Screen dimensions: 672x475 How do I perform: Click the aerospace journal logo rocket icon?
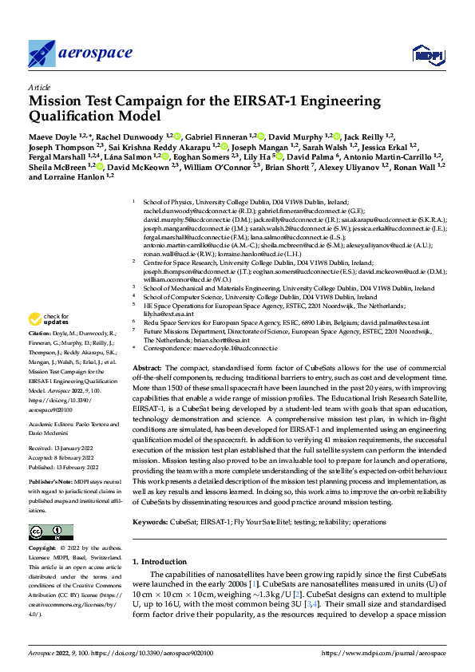click(42, 54)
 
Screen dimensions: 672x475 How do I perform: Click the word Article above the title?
click(38, 87)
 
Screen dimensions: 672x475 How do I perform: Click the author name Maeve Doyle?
click(49, 137)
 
